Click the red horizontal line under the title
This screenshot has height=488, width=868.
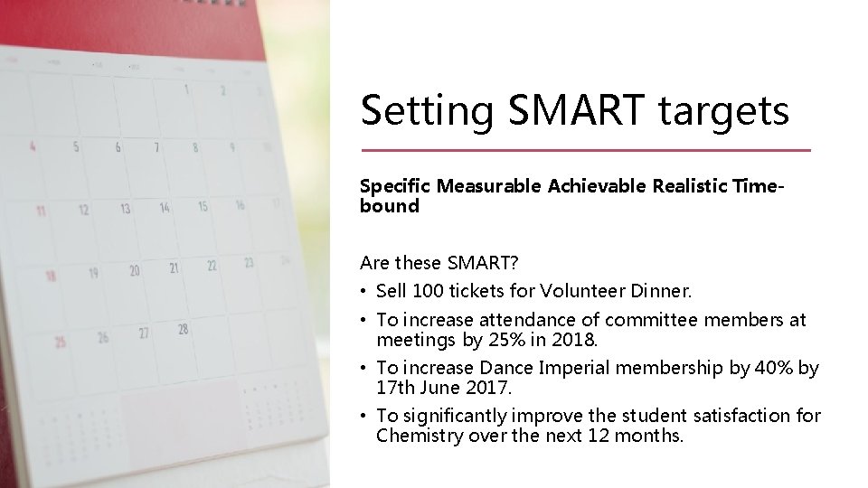[x=586, y=150]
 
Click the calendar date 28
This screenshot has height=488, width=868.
[x=183, y=329]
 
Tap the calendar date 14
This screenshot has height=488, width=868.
[x=164, y=208]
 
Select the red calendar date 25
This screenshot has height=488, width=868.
[x=60, y=342]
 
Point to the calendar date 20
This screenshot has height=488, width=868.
[x=134, y=270]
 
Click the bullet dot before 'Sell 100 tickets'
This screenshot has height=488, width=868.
[x=364, y=292]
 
